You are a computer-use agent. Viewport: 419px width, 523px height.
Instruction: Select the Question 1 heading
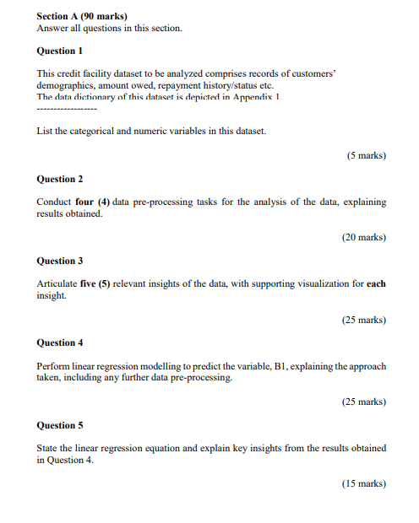pos(60,51)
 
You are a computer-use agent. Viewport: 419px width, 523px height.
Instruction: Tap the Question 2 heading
pos(60,179)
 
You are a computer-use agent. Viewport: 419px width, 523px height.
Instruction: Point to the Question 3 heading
pos(60,261)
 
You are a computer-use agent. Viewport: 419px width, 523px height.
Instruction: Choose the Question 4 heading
pos(60,342)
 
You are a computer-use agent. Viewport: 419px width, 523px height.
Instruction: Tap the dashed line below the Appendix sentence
pos(67,110)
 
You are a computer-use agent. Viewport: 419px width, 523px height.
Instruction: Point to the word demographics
pos(67,86)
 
